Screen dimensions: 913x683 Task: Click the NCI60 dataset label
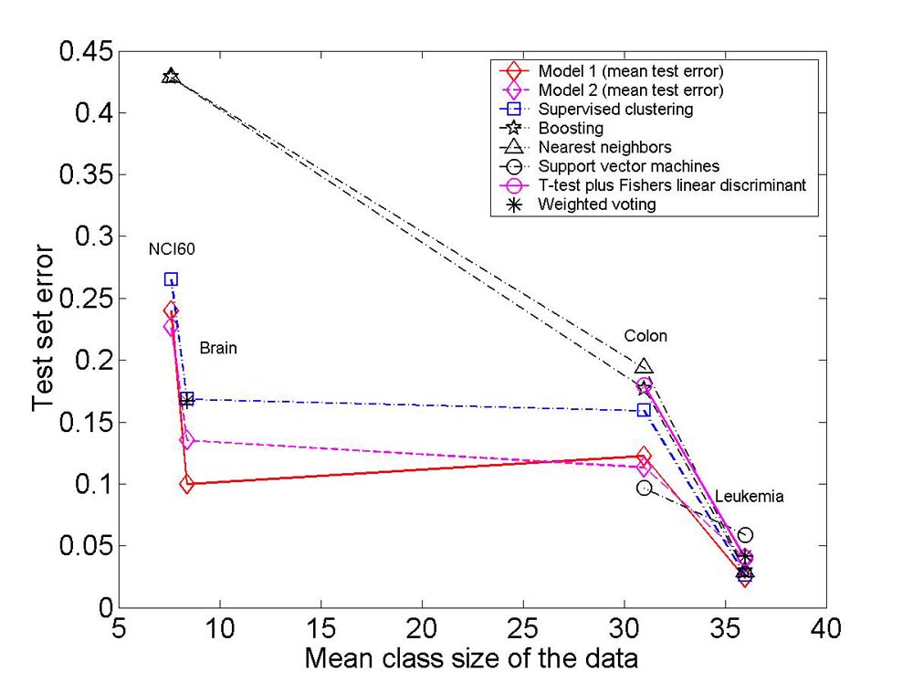point(172,249)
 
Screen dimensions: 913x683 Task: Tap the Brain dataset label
point(218,348)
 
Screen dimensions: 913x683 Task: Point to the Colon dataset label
point(645,336)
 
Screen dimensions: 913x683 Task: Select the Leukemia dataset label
point(750,497)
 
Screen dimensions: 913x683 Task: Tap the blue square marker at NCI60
point(171,279)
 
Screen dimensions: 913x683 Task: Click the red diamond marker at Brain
point(186,484)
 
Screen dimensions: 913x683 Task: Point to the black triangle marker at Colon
point(644,366)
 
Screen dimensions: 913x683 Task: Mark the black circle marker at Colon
point(644,488)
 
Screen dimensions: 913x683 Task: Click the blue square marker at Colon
point(644,411)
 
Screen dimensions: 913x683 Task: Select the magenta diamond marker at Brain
point(186,440)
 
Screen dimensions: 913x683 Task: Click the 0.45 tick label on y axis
point(86,52)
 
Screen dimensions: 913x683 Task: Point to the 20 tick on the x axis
point(422,629)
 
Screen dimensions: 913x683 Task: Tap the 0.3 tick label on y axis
point(94,237)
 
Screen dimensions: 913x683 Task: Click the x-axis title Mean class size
point(471,658)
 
